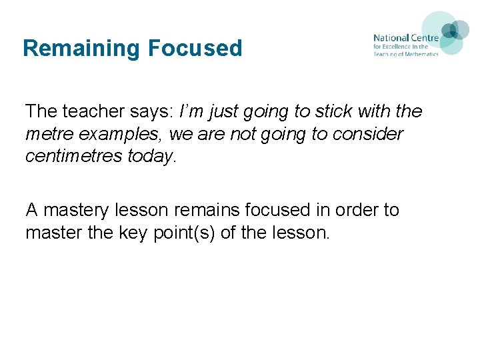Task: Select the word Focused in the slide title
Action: coord(195,49)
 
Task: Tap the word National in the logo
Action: coord(391,38)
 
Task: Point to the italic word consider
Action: coord(371,134)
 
